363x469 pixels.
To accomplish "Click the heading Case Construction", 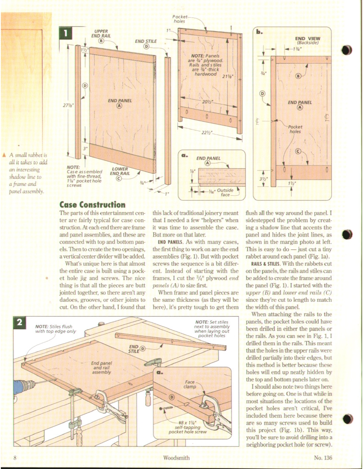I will tap(92, 205).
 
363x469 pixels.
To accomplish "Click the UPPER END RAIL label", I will tap(101, 34).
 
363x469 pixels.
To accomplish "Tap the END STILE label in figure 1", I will tap(146, 41).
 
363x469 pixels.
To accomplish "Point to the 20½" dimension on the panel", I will tap(208, 102).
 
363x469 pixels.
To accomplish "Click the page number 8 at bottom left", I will tap(15, 458).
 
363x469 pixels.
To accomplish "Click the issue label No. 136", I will tap(322, 458).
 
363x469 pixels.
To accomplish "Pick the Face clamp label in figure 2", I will tap(190, 385).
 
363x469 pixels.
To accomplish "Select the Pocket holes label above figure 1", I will tap(179, 18).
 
